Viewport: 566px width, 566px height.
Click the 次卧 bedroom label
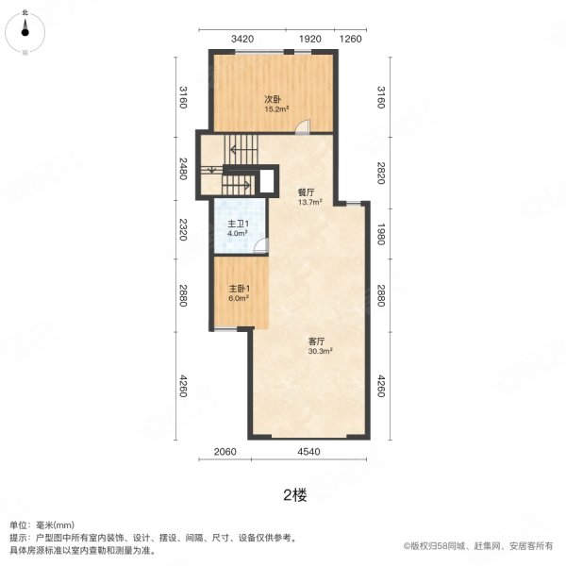(x=273, y=99)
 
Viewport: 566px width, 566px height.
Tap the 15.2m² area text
(x=276, y=109)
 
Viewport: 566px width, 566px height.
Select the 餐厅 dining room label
(x=306, y=192)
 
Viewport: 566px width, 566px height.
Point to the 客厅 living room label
(x=317, y=341)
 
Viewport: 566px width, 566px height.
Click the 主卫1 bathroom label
(x=239, y=224)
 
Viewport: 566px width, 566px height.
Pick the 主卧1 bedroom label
(x=240, y=289)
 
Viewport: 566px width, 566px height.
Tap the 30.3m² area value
(x=320, y=351)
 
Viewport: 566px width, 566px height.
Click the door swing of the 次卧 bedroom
(x=303, y=127)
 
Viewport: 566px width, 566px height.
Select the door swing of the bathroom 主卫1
(x=261, y=245)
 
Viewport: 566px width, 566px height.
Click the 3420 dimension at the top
(x=242, y=39)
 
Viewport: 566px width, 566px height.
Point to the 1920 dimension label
(x=310, y=39)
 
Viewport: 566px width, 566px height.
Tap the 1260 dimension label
(x=351, y=39)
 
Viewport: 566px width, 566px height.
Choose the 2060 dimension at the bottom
(x=225, y=452)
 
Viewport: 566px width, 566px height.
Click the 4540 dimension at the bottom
(x=309, y=452)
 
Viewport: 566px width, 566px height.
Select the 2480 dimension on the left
(x=183, y=169)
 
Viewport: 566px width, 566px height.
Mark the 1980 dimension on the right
(x=381, y=234)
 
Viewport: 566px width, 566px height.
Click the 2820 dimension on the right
(x=381, y=173)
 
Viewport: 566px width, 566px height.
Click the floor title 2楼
(x=295, y=495)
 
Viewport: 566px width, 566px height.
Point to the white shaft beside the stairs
(x=267, y=181)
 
